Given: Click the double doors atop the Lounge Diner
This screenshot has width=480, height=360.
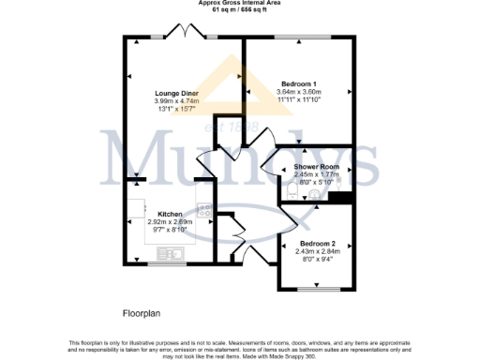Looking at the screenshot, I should pyautogui.click(x=191, y=35).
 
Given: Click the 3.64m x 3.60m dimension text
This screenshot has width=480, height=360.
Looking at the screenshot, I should pyautogui.click(x=300, y=93).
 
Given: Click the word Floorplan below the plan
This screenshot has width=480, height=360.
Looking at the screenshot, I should pyautogui.click(x=143, y=311).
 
